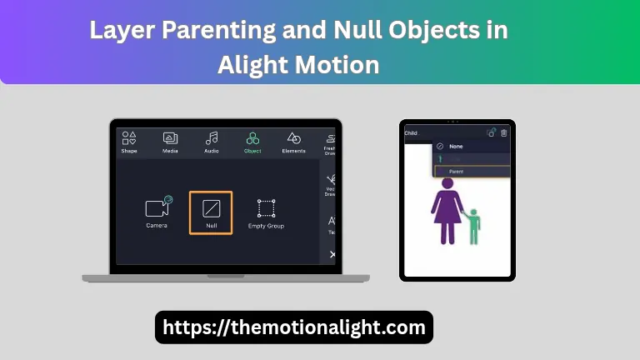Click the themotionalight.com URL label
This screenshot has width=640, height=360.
pyautogui.click(x=294, y=327)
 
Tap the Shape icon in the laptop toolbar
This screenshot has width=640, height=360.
pyautogui.click(x=128, y=139)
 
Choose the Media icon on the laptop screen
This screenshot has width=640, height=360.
pyautogui.click(x=170, y=139)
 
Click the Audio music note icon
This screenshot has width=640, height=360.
pyautogui.click(x=212, y=139)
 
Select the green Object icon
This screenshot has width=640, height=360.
pyautogui.click(x=252, y=139)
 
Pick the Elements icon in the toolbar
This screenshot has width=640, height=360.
pyautogui.click(x=293, y=139)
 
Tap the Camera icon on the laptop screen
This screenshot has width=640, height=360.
pyautogui.click(x=157, y=207)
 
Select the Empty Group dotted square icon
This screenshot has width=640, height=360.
pyautogui.click(x=266, y=208)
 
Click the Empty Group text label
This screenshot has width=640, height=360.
pyautogui.click(x=266, y=226)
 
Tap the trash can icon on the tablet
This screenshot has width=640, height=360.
pyautogui.click(x=503, y=132)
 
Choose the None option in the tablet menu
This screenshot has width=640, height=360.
pyautogui.click(x=456, y=147)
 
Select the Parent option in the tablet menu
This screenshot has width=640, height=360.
pyautogui.click(x=457, y=172)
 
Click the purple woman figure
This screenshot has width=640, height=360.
pyautogui.click(x=448, y=213)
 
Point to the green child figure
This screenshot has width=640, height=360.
pyautogui.click(x=474, y=227)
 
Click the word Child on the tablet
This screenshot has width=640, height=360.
pyautogui.click(x=411, y=132)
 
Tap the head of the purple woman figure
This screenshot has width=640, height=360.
pyautogui.click(x=447, y=183)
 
